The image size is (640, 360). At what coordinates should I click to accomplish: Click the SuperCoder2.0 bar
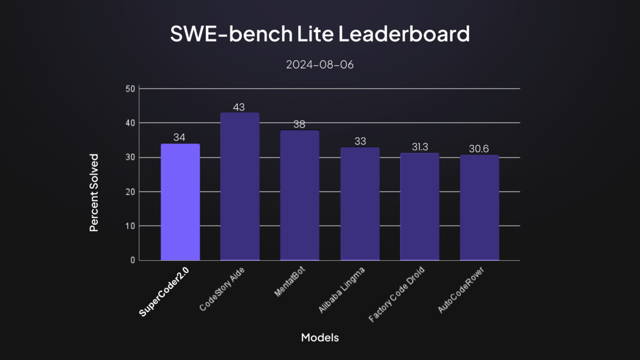(x=180, y=202)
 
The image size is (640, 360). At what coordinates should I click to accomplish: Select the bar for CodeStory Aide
(x=240, y=187)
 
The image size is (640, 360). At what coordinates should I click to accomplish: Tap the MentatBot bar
(x=300, y=195)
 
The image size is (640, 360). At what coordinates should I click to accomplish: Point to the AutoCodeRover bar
(x=479, y=208)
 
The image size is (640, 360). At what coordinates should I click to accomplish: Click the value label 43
(x=239, y=107)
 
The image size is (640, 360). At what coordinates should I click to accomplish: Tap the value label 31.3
(x=420, y=147)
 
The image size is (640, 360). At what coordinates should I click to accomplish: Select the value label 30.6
(x=479, y=149)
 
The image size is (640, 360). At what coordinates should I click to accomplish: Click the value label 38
(x=299, y=124)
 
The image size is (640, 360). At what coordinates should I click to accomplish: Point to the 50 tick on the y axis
(x=130, y=89)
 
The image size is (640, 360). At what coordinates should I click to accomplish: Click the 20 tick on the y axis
(x=130, y=191)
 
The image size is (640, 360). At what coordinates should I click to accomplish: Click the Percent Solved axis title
(x=94, y=193)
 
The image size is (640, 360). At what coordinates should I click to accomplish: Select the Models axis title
(x=319, y=338)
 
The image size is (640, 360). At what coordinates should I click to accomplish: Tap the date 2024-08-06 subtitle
(x=319, y=65)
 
